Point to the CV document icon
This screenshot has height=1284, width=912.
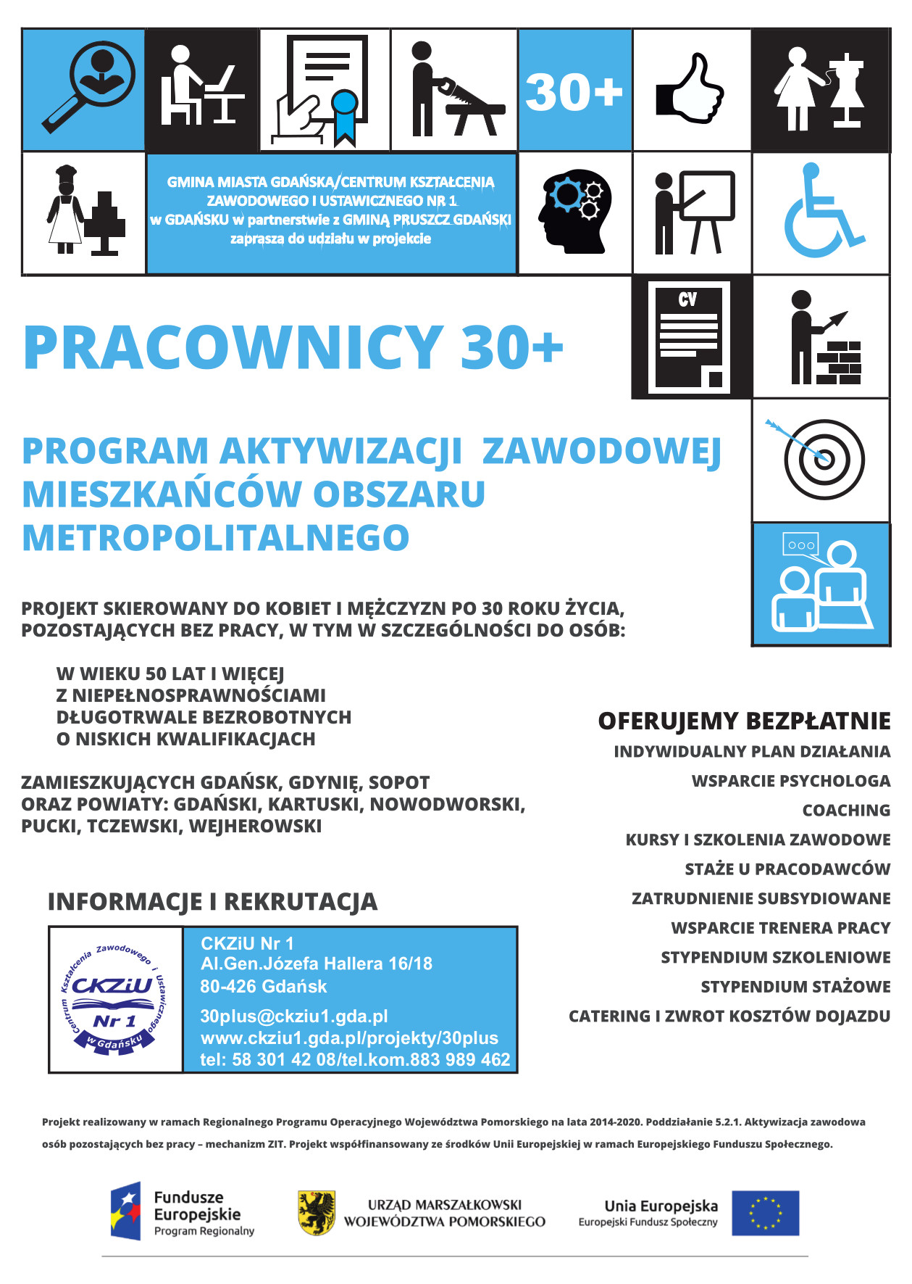[x=689, y=337]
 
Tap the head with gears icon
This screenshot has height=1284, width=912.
[x=574, y=211]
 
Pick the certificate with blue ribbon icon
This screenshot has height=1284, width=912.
[x=324, y=90]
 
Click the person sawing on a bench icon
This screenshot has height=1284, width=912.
[x=455, y=90]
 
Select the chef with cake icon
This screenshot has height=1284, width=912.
[x=84, y=211]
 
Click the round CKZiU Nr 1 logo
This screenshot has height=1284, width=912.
[x=114, y=999]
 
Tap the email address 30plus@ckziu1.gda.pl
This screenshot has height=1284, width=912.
[x=294, y=1016]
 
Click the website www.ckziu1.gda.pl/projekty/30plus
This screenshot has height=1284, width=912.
[x=349, y=1037]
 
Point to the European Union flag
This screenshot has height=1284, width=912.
[x=765, y=1212]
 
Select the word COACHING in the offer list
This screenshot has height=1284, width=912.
[x=846, y=810]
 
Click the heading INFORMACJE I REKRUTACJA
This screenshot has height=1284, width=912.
[x=212, y=901]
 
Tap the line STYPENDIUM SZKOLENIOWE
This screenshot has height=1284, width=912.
[x=775, y=957]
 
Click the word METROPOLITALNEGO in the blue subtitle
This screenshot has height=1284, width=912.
[x=216, y=538]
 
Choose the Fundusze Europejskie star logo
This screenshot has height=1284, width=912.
[x=125, y=1211]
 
